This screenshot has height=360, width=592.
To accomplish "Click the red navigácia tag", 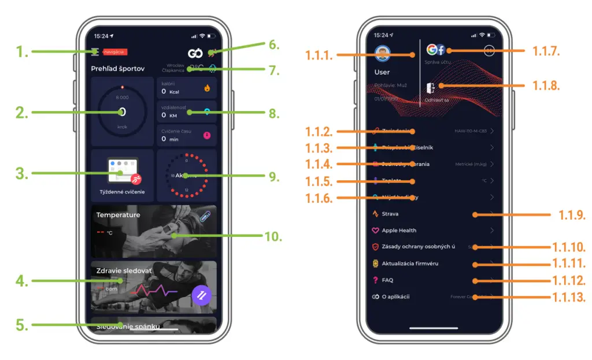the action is (114, 52).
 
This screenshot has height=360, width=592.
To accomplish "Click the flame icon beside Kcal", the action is (207, 89).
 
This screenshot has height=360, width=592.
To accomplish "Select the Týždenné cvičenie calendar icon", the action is (123, 170).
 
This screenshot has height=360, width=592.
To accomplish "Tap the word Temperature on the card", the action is (118, 215).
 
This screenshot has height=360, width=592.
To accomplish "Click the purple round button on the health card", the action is (202, 295).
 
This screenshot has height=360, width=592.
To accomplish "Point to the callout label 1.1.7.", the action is (546, 51).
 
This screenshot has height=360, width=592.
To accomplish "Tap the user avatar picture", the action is (382, 54).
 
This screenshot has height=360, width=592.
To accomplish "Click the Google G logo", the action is (431, 49).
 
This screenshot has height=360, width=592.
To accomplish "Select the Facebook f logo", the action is (440, 50).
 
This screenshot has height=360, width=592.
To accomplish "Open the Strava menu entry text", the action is (390, 214).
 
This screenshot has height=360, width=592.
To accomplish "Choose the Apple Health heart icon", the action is (375, 231).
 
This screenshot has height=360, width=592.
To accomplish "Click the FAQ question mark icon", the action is (375, 280).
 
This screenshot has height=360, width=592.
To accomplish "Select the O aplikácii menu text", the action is (395, 297).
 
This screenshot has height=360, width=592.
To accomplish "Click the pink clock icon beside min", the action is (207, 136).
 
